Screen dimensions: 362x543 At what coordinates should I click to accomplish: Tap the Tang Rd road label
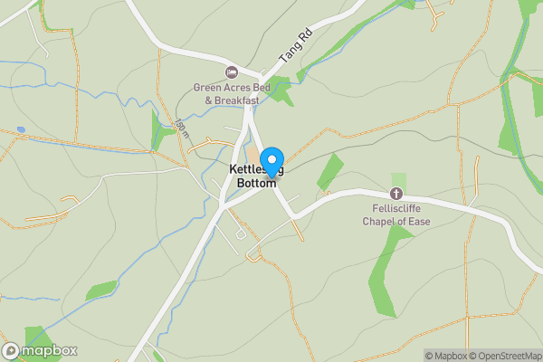tap(295, 44)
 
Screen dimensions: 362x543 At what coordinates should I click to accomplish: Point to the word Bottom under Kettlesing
tap(256, 184)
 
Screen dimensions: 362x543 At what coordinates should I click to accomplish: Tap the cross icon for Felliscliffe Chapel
tap(395, 194)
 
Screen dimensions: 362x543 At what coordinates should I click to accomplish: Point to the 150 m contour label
tap(183, 129)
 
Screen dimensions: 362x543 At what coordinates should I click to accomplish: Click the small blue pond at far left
tap(20, 129)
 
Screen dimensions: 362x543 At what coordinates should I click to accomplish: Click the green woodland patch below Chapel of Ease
tap(385, 271)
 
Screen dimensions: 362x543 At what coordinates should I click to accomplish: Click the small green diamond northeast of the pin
tap(331, 171)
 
